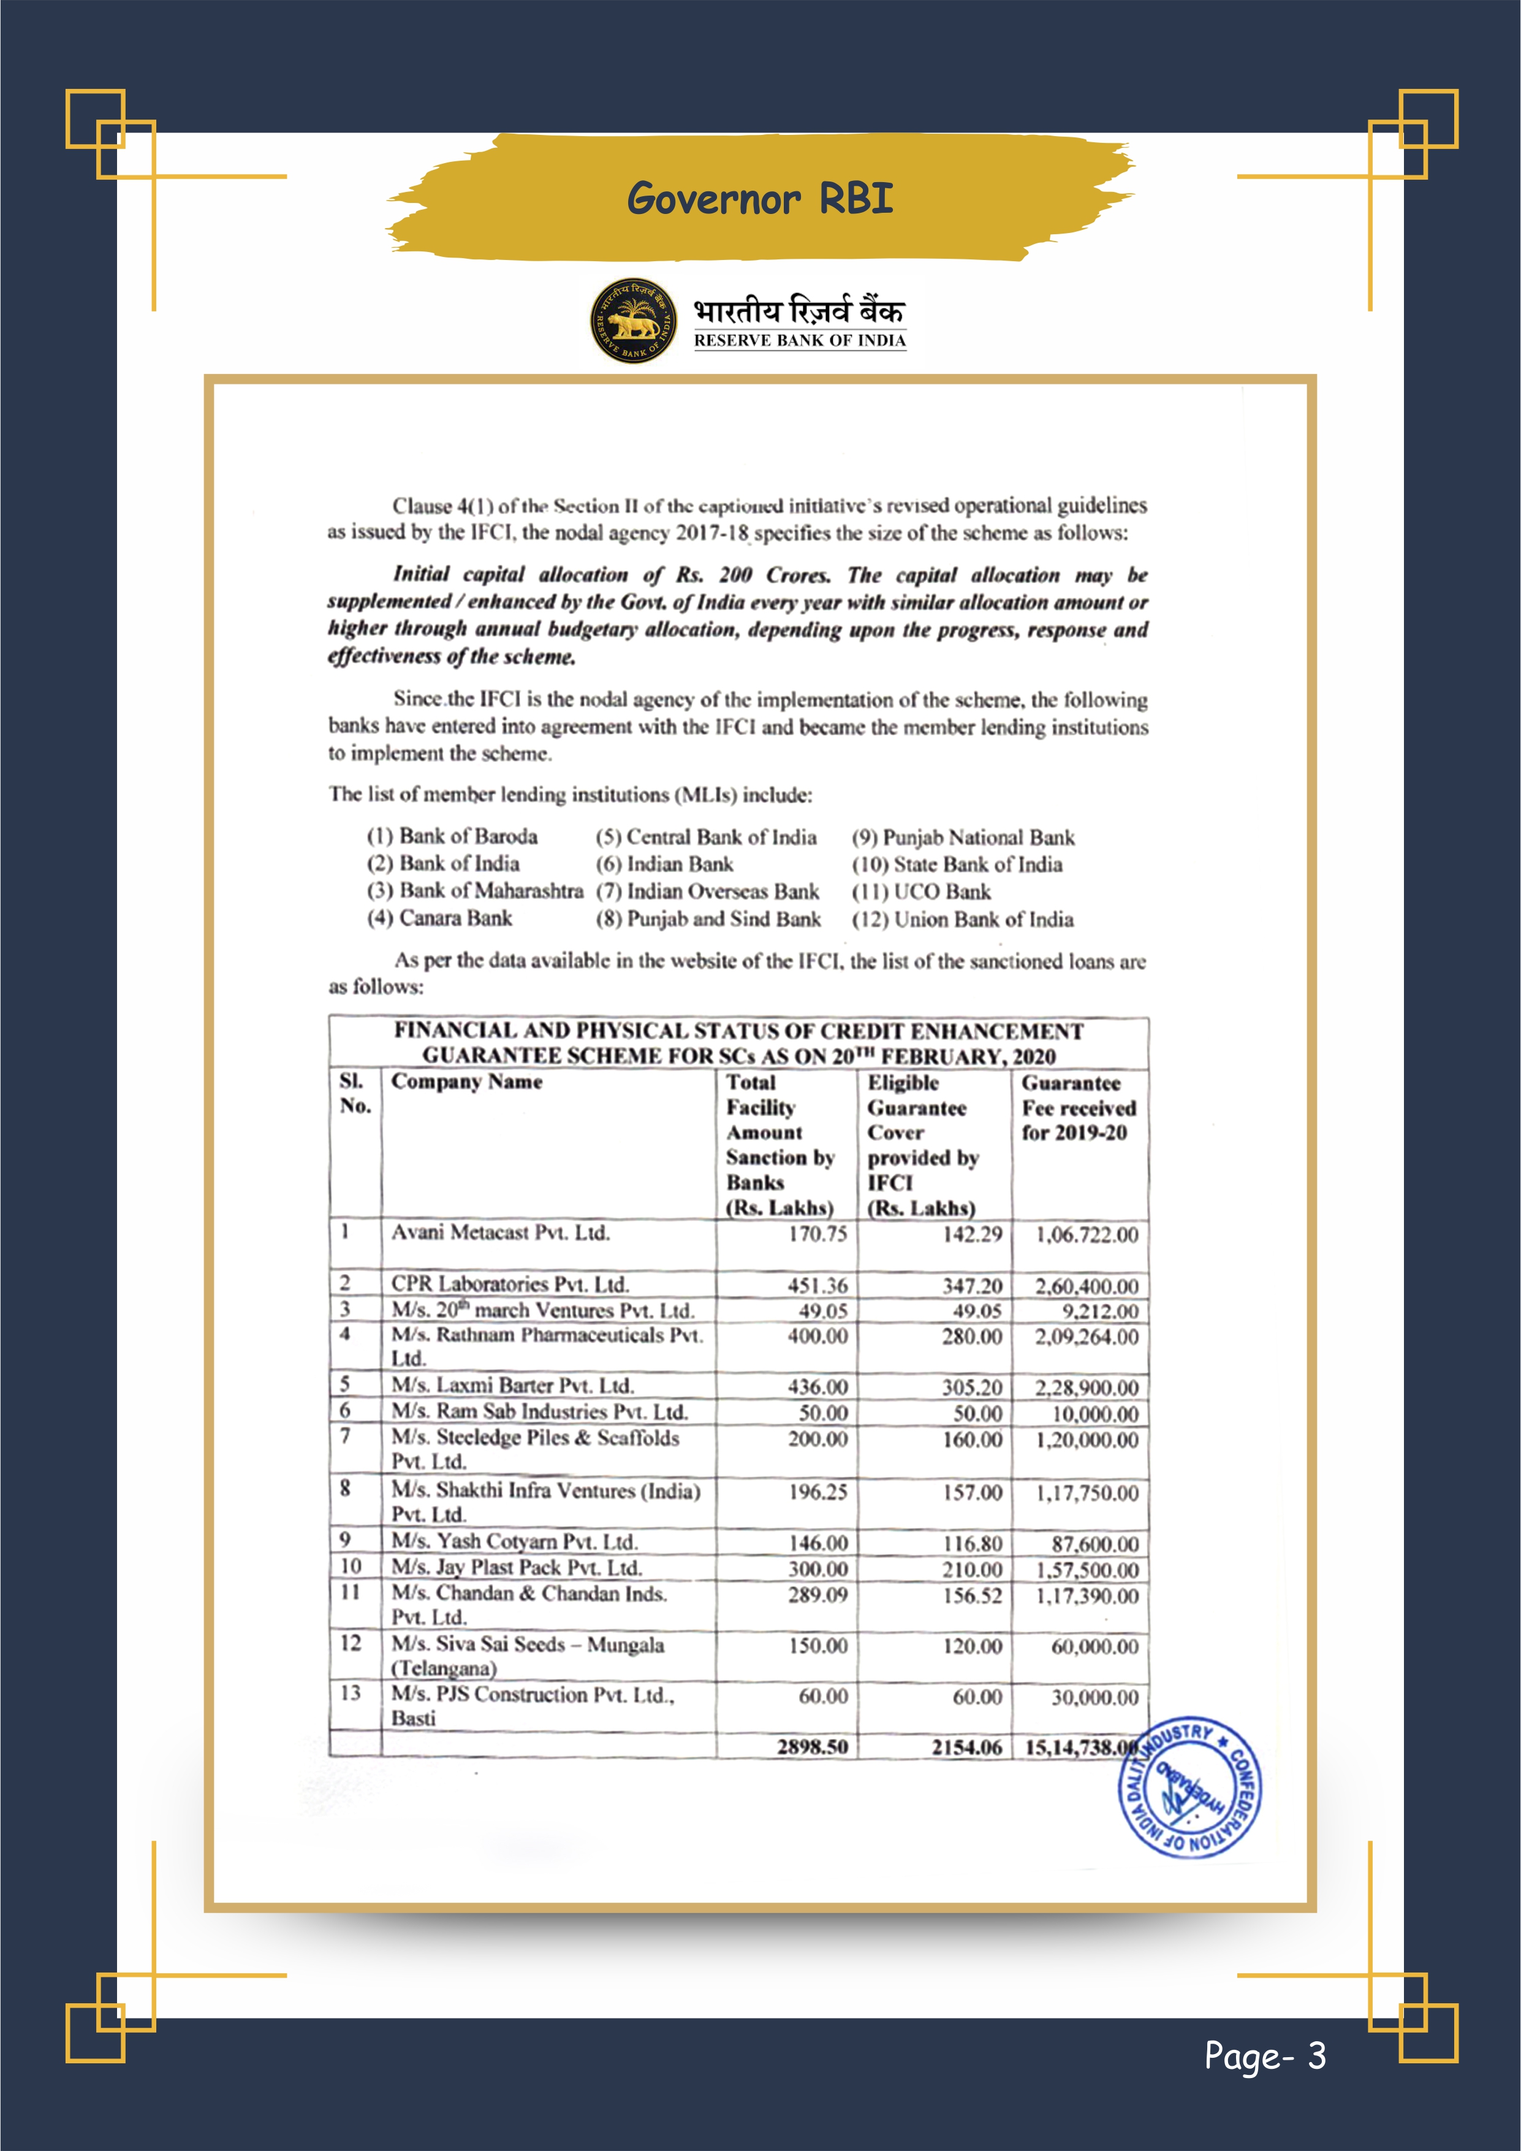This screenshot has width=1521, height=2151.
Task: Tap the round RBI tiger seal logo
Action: pos(633,321)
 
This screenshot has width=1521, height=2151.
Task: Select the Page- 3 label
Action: pos(1264,2055)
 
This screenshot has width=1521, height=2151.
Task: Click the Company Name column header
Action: pos(466,1082)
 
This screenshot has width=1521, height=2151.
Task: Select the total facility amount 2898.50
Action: pos(812,1746)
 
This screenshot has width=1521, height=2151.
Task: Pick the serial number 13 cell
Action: pos(351,1693)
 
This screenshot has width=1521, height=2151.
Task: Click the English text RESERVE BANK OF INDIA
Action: pos(799,341)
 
